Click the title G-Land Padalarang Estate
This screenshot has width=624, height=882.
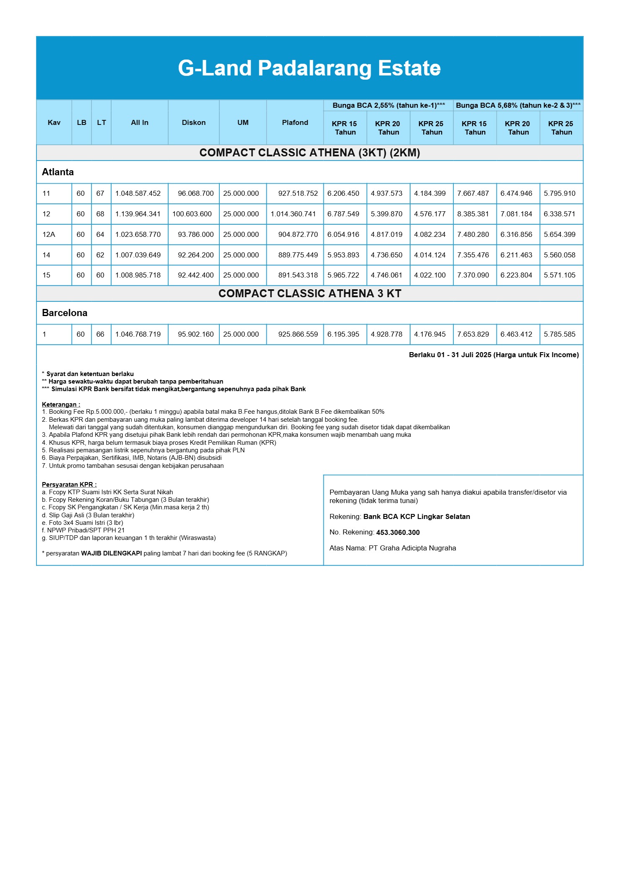pos(309,68)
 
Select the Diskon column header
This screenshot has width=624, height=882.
pos(194,122)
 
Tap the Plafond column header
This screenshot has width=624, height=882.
pos(295,122)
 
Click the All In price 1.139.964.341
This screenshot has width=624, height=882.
pos(138,214)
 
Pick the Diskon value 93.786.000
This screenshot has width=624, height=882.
pos(195,234)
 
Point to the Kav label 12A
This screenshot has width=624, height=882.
pos(49,234)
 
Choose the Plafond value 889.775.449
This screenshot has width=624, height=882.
pos(298,255)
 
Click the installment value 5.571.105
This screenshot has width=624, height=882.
pos(559,275)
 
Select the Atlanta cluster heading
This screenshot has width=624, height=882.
pos(58,172)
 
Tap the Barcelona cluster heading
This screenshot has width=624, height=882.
pos(65,313)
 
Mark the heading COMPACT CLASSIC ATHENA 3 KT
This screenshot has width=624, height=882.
pos(309,293)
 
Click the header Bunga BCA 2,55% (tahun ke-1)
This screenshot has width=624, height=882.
pos(388,105)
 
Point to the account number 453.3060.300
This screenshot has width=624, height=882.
pos(398,532)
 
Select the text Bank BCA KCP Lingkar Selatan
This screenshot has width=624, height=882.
pos(416,516)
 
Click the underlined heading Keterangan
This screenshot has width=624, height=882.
pos(61,405)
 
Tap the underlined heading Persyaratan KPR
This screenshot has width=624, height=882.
pos(69,485)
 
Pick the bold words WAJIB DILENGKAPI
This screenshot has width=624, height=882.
pos(111,553)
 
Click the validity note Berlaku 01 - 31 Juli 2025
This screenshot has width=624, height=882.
pos(494,355)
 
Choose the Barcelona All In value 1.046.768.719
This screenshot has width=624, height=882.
pos(138,334)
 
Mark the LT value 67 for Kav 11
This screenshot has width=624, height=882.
pos(100,193)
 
